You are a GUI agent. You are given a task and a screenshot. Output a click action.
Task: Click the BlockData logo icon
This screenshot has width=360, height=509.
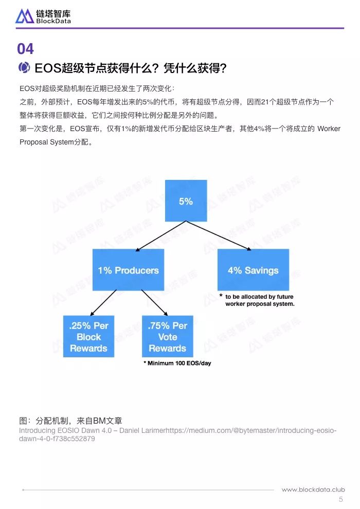(25, 16)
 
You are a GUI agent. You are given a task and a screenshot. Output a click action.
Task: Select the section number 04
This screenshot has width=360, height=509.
(25, 49)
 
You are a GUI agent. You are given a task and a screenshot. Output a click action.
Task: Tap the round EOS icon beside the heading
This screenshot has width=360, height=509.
(24, 67)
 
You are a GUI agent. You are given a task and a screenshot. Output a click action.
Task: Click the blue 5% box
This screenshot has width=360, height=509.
(186, 201)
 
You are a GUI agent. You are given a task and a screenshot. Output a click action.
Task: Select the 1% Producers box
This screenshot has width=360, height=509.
(128, 270)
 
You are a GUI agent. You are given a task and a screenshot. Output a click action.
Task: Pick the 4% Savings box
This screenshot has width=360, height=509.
(253, 270)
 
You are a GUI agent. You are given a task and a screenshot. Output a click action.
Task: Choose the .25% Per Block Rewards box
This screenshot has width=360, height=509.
(88, 336)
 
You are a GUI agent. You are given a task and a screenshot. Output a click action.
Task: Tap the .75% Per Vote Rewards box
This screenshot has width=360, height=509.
(168, 336)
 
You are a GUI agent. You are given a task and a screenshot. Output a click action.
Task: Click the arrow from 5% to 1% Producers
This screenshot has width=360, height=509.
(161, 236)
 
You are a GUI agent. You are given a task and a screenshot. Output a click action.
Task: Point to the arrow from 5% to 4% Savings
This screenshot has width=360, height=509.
(219, 236)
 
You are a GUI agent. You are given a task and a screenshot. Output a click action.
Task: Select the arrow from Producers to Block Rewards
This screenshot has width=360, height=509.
(103, 303)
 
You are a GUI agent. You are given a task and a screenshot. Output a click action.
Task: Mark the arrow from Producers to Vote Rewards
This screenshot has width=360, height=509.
(154, 303)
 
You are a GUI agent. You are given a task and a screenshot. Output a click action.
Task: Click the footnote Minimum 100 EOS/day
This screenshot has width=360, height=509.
(177, 363)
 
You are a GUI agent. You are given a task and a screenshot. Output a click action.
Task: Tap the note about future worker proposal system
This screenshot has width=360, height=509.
(257, 300)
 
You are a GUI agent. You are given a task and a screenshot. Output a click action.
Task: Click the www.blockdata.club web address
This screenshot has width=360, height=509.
(313, 489)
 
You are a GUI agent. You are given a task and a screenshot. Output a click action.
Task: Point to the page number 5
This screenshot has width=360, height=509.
(341, 499)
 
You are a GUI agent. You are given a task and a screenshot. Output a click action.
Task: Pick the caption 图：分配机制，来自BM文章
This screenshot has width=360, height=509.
(70, 421)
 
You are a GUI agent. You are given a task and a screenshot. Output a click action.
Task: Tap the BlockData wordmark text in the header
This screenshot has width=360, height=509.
(53, 21)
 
